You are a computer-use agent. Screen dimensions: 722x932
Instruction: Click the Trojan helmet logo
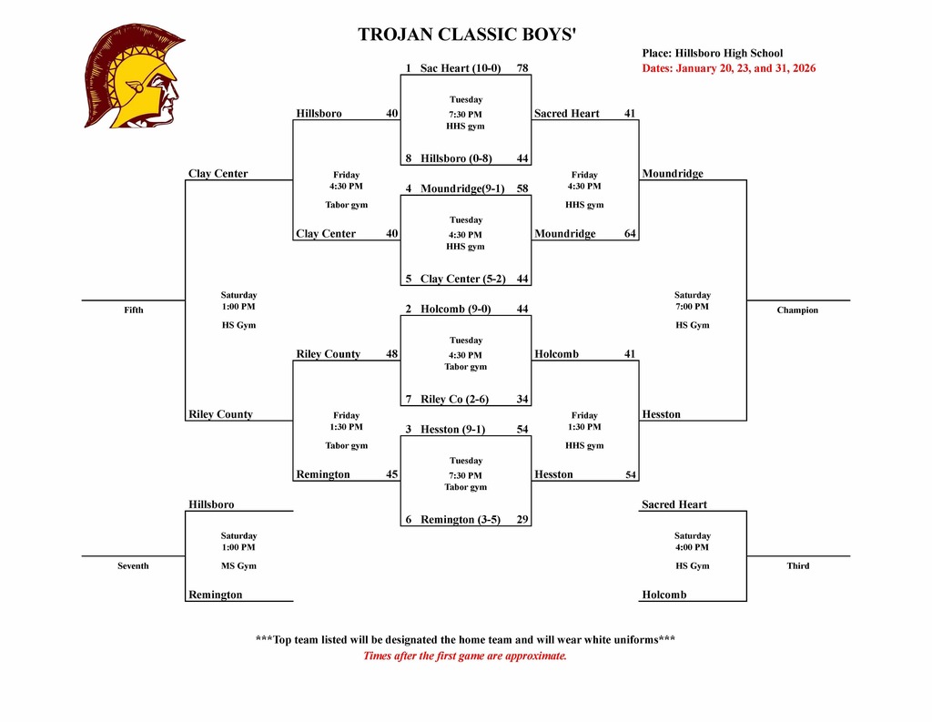(x=134, y=76)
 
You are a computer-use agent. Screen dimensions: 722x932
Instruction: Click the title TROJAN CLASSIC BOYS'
(x=467, y=36)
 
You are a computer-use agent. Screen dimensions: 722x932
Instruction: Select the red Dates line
(x=728, y=68)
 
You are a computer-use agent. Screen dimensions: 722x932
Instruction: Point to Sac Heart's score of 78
(x=522, y=68)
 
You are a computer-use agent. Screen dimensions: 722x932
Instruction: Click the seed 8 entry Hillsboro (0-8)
(x=456, y=158)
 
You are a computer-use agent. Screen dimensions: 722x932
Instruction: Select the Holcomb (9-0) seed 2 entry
(x=455, y=309)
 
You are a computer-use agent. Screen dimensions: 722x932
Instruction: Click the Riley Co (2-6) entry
(x=454, y=399)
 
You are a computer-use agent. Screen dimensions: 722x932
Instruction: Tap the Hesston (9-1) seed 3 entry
(x=456, y=429)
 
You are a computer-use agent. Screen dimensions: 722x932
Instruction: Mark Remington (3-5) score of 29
(x=522, y=519)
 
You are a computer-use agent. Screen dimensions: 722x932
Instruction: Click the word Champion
(x=797, y=310)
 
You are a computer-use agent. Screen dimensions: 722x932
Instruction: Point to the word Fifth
(x=134, y=310)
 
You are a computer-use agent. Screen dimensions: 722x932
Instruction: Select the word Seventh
(x=133, y=566)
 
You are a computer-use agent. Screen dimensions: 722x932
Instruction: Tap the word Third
(x=798, y=566)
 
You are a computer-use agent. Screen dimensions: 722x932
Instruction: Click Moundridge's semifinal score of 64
(x=630, y=234)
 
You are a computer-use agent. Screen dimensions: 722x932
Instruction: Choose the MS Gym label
(x=238, y=566)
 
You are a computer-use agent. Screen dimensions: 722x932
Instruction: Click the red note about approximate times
(x=465, y=656)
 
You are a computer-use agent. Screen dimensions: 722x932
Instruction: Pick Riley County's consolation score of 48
(x=392, y=354)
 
